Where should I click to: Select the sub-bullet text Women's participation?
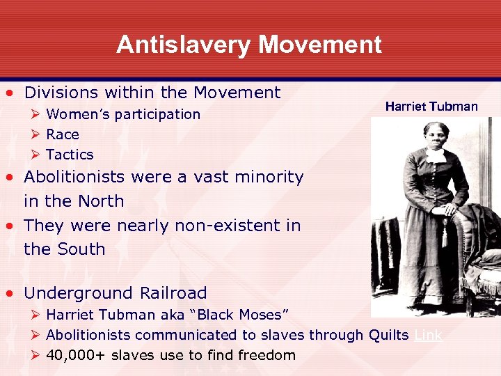coord(123,114)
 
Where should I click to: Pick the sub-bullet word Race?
coord(63,134)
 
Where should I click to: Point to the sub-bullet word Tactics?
coord(70,155)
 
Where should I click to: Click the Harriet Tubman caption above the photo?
coord(431,106)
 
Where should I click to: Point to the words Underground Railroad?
coord(116,293)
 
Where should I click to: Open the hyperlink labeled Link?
coord(428,335)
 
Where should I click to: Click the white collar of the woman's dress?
coord(436,154)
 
